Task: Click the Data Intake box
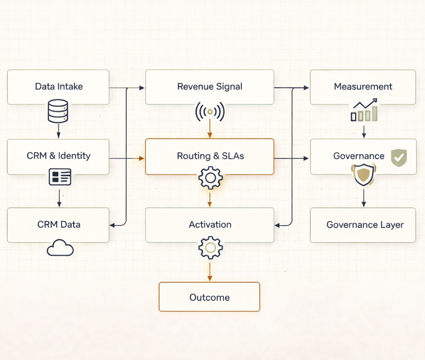coord(59,86)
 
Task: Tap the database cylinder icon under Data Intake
coord(58,112)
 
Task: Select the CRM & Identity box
coord(59,156)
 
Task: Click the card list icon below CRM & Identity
coord(59,177)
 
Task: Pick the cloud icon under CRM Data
coord(60,248)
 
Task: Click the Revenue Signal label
coord(209,86)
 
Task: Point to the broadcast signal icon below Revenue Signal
coord(209,112)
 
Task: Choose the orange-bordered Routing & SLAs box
coord(209,156)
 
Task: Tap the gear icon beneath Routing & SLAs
coord(210,178)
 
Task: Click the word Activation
coord(209,225)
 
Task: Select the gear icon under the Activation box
coord(210,248)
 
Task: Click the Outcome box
coord(209,297)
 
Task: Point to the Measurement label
coord(363,86)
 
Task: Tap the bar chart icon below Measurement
coord(364,111)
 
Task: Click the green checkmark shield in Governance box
coord(398,158)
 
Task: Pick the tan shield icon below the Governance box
coord(363,176)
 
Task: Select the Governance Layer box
coord(363,225)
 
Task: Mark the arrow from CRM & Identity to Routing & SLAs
coord(127,158)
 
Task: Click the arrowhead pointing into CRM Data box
coord(113,225)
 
